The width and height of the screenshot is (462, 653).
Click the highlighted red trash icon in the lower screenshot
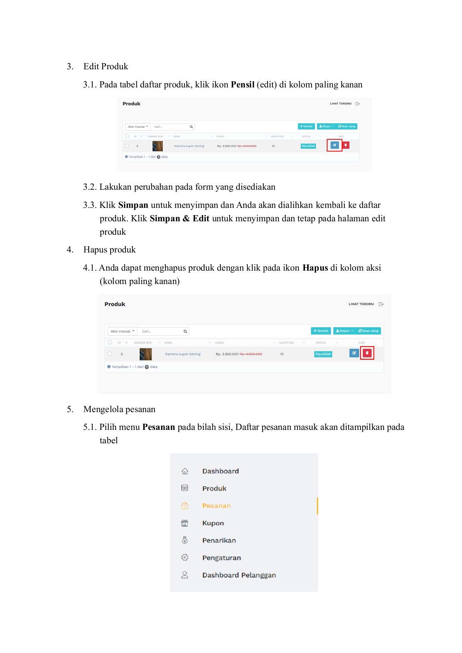(367, 353)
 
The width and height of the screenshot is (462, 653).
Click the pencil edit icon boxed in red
(334, 145)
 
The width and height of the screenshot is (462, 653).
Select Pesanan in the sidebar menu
(216, 506)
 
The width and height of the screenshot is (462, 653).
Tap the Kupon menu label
(213, 523)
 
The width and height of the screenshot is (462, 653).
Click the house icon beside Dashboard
(185, 471)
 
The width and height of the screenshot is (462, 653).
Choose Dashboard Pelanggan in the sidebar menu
(239, 575)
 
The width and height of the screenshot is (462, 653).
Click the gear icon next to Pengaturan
(185, 558)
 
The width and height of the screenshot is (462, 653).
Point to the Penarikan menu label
(219, 541)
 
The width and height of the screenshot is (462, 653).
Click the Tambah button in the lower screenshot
(321, 331)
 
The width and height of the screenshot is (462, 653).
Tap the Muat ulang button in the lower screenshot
(368, 331)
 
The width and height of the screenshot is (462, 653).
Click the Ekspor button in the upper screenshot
(326, 127)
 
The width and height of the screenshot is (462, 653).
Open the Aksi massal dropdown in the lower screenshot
(122, 331)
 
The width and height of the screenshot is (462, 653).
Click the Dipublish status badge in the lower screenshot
(323, 354)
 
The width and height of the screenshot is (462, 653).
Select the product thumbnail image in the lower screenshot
(145, 354)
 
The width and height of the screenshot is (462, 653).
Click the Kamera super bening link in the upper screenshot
(189, 146)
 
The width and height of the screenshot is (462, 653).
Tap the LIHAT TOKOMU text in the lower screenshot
(361, 304)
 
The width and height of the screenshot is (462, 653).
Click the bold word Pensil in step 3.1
(243, 85)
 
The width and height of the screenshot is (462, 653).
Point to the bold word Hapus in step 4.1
(315, 268)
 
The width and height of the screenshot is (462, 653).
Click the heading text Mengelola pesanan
(119, 409)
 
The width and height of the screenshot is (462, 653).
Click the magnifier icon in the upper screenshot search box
(191, 127)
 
